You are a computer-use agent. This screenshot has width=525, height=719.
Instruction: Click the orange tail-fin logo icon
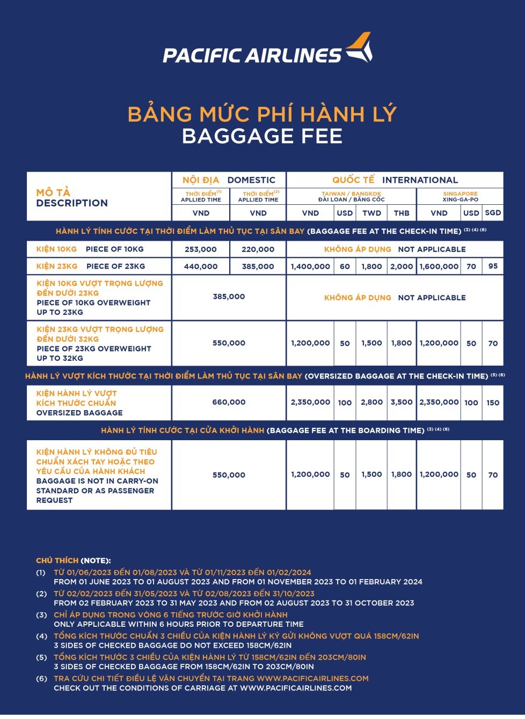[359, 48]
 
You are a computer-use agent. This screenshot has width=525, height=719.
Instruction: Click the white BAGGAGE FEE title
[262, 136]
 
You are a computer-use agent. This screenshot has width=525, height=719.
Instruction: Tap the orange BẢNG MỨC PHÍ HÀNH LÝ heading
[262, 114]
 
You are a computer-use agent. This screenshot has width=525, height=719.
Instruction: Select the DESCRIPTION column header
[72, 203]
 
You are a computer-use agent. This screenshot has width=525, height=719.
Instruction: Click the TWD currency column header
[371, 213]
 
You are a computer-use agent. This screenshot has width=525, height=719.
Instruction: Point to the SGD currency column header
[493, 213]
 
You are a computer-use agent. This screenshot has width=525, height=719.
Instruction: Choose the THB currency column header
[402, 213]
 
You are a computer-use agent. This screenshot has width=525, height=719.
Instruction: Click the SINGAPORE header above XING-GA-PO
[460, 194]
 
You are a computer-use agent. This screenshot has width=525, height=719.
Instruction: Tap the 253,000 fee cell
[201, 249]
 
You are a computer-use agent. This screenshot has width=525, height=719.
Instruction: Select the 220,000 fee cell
[258, 249]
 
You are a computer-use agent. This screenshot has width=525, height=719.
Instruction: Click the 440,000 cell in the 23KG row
[201, 266]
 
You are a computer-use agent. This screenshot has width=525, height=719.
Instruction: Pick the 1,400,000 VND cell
[310, 266]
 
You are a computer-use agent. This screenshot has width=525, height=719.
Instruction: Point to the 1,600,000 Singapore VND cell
[439, 266]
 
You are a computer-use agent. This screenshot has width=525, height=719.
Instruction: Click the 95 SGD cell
[493, 266]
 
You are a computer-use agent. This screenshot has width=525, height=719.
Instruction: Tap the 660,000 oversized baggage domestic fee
[229, 402]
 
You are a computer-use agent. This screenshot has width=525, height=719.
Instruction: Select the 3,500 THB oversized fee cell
[402, 402]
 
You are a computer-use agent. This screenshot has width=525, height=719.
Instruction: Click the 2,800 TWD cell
[371, 402]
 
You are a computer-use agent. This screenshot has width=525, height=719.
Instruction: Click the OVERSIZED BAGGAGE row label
[79, 413]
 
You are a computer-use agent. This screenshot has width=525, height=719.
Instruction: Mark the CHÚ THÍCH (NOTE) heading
[74, 561]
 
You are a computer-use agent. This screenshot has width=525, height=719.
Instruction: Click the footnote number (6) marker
[41, 679]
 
